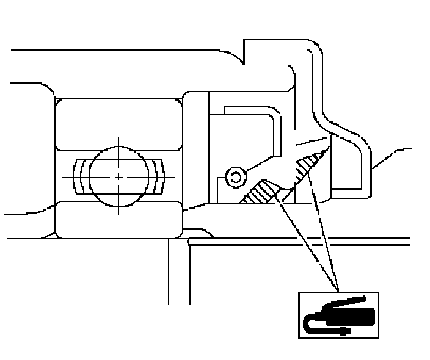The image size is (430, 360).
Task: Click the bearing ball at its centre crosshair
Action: [118, 176]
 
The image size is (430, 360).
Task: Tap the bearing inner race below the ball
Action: [118, 220]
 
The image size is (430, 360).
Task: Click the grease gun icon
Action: [338, 314]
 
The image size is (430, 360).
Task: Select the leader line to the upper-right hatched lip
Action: [324, 232]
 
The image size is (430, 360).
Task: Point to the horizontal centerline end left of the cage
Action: [64, 176]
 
